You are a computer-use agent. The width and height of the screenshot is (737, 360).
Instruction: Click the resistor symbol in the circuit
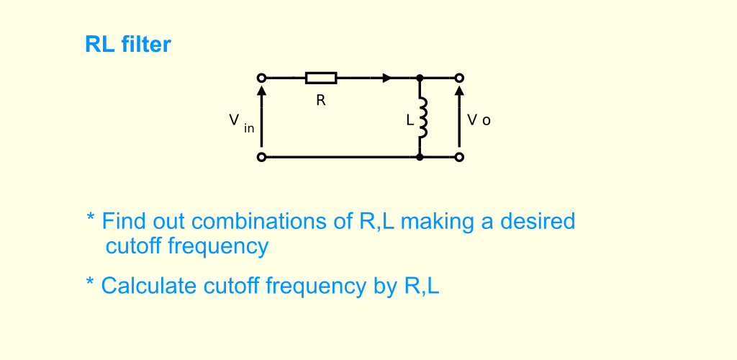pyautogui.click(x=321, y=78)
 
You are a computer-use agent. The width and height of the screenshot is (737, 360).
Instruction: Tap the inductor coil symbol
pyautogui.click(x=422, y=118)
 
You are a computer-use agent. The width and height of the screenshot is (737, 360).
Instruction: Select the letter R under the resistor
pyautogui.click(x=321, y=100)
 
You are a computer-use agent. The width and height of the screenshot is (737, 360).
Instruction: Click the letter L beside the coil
pyautogui.click(x=410, y=120)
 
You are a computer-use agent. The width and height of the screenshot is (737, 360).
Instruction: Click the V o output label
pyautogui.click(x=479, y=120)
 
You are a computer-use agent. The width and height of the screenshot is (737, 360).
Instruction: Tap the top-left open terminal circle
pyautogui.click(x=262, y=78)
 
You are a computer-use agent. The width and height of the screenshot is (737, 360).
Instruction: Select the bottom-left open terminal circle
pyautogui.click(x=262, y=157)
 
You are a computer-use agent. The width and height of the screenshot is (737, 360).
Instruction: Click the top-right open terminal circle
pyautogui.click(x=459, y=78)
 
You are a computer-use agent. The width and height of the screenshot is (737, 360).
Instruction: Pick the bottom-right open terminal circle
pyautogui.click(x=459, y=157)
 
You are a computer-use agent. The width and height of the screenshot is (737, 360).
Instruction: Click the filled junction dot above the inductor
pyautogui.click(x=420, y=78)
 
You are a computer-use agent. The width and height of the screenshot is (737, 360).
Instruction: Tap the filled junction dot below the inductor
pyautogui.click(x=420, y=157)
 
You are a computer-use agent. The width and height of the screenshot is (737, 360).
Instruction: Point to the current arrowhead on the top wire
pyautogui.click(x=386, y=78)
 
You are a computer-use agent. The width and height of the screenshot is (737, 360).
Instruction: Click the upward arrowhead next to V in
pyautogui.click(x=262, y=89)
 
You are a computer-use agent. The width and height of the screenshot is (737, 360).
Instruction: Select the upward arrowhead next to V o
pyautogui.click(x=459, y=89)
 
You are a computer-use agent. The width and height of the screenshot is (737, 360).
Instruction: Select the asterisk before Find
pyautogui.click(x=91, y=217)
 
